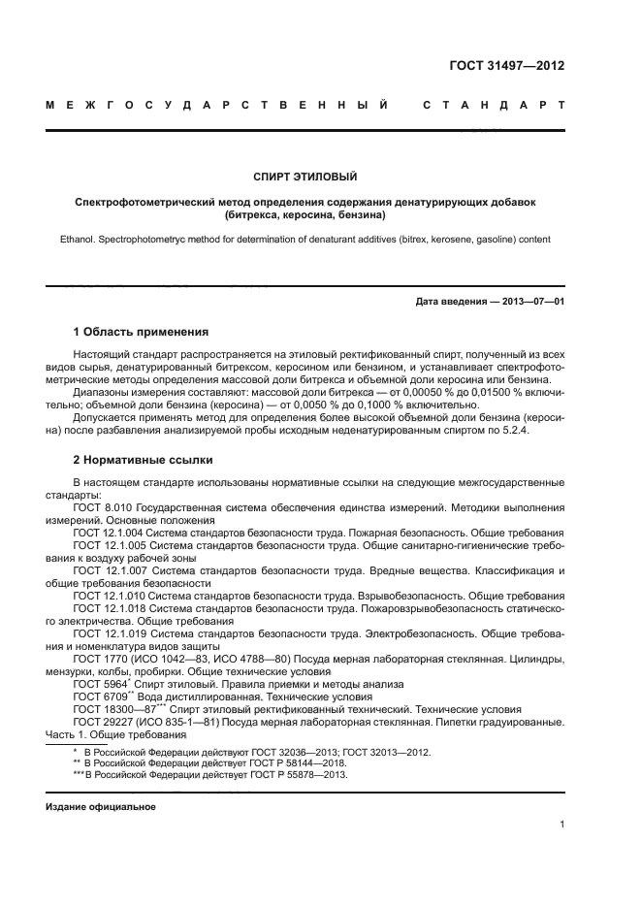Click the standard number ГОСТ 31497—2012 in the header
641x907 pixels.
(506, 67)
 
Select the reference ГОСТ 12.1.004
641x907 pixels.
(109, 534)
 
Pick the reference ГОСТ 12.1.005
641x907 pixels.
(109, 547)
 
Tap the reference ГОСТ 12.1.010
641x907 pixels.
(109, 596)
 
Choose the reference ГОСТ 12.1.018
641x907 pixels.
(109, 608)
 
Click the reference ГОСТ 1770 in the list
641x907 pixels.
(99, 658)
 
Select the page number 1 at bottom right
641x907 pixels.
(562, 825)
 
